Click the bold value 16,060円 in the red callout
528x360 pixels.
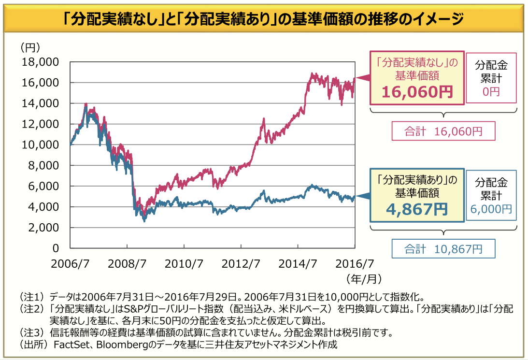[417, 91]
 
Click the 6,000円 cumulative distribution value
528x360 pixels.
[491, 208]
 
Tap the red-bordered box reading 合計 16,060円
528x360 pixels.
[443, 131]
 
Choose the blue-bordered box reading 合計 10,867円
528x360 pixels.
[443, 248]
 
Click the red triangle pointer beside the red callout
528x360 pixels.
[363, 78]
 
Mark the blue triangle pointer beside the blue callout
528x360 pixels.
[363, 196]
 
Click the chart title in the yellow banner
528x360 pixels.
[264, 20]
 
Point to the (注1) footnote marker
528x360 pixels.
[32, 296]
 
